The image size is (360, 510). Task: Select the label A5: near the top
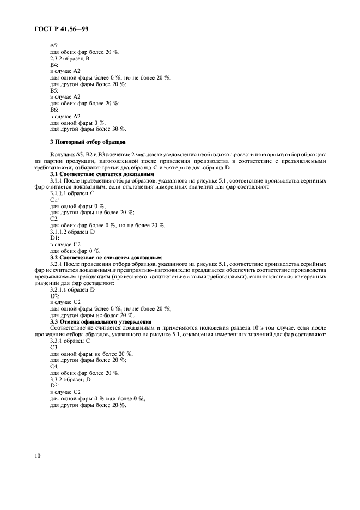(54, 45)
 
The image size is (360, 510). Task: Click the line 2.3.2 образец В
(70, 58)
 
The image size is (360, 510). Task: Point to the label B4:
(54, 65)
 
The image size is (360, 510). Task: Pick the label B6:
(54, 110)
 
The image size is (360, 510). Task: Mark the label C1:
(54, 200)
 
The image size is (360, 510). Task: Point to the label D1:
(54, 238)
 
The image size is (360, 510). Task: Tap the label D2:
(54, 296)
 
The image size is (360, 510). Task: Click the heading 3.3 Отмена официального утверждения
(101, 321)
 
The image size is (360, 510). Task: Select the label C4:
(54, 366)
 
